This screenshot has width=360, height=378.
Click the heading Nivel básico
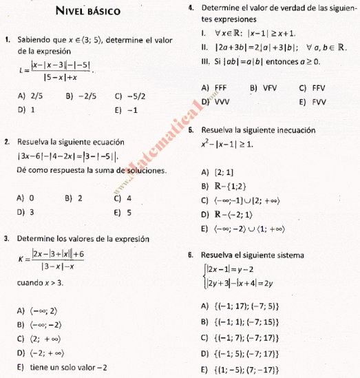(x=87, y=12)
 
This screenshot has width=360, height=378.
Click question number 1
(x=6, y=40)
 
